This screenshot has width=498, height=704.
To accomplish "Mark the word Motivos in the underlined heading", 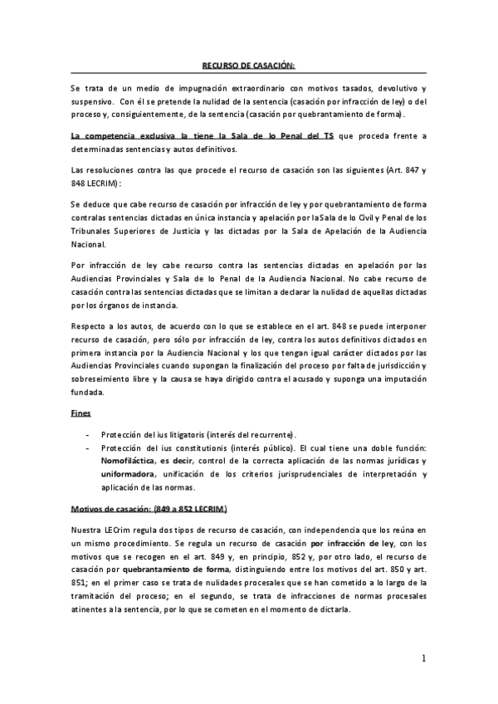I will pos(90,507).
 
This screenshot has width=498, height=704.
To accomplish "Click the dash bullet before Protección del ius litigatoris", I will pos(88,434).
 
